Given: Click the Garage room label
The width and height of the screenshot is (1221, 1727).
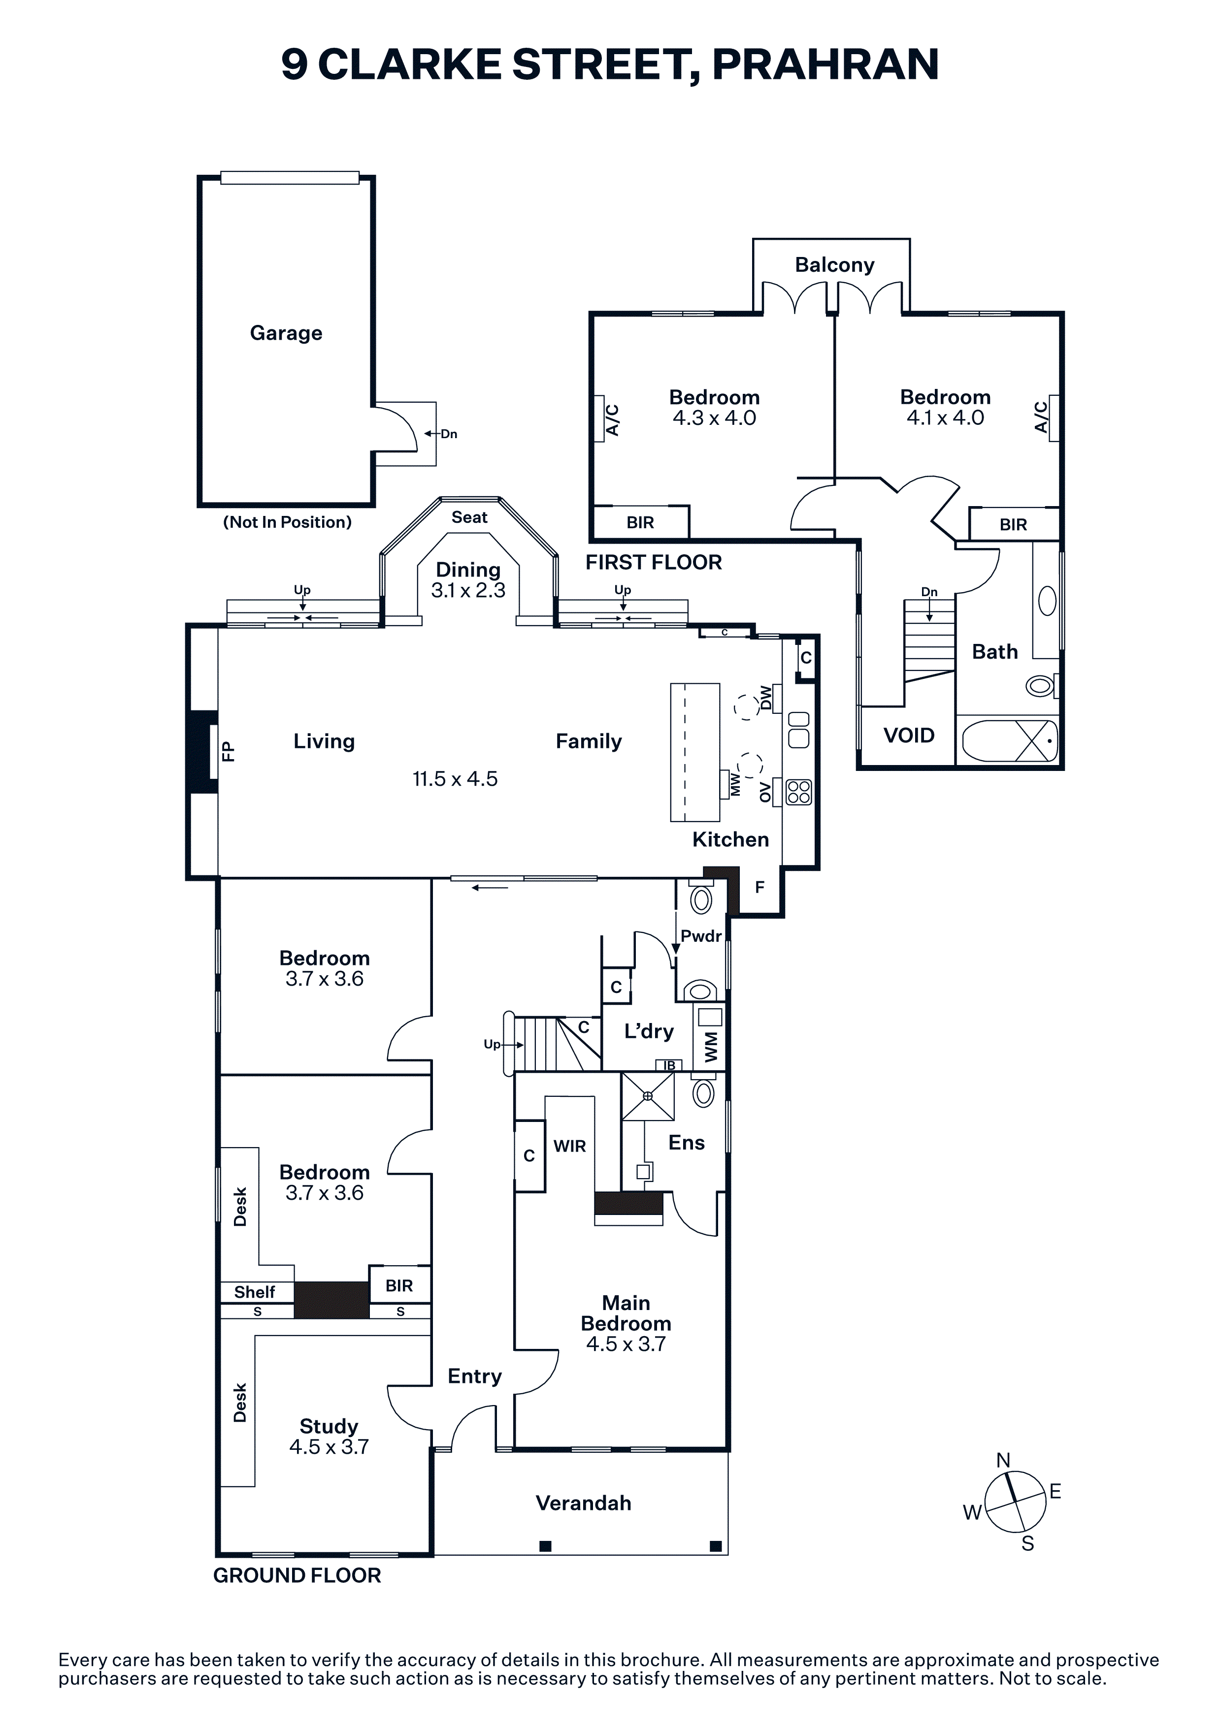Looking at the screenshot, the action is (x=286, y=333).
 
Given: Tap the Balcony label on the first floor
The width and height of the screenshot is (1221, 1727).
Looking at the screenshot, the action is (x=834, y=265).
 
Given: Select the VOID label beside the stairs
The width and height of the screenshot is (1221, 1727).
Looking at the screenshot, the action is (x=909, y=735).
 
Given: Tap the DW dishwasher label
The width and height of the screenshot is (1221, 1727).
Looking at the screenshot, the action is (x=766, y=697).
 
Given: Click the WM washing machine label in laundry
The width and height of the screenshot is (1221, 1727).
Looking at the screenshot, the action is (x=711, y=1047).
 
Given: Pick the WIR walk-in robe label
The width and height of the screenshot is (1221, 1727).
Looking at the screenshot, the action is (x=569, y=1146).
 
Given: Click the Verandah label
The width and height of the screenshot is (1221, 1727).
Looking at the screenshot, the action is (x=583, y=1503).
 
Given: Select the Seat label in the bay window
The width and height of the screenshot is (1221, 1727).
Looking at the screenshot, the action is (x=469, y=517).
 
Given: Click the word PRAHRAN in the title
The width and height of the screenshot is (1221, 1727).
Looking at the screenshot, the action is (x=825, y=64).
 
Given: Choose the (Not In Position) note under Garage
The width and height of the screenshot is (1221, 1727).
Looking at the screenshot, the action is (x=287, y=522).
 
